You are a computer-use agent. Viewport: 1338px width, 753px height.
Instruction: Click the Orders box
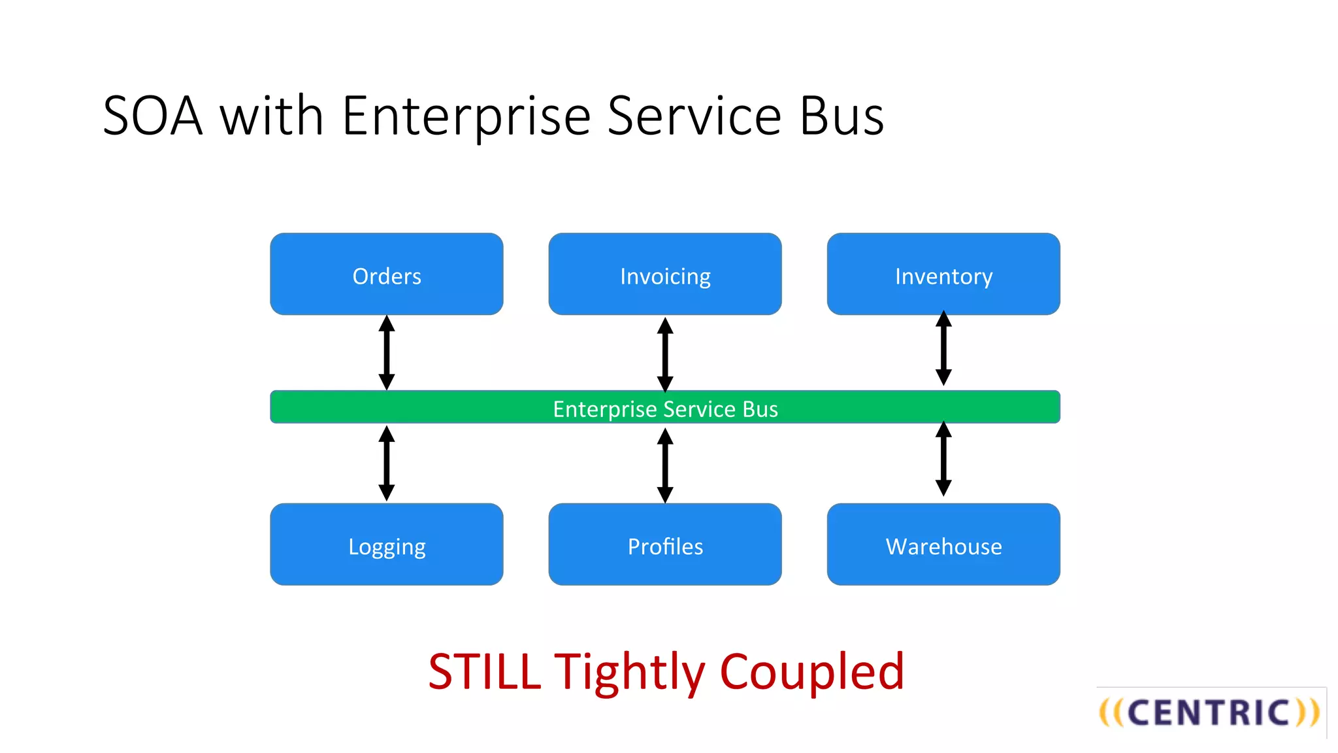point(386,274)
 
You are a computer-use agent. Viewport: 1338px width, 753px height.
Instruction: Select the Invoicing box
point(664,274)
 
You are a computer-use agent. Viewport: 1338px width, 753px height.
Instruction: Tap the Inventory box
point(943,274)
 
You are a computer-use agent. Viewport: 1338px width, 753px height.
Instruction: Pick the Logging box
point(386,544)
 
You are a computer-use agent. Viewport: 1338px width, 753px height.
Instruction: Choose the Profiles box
point(664,544)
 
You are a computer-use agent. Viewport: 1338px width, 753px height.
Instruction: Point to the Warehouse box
point(943,544)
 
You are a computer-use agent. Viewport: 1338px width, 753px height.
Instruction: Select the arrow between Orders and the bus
point(387,353)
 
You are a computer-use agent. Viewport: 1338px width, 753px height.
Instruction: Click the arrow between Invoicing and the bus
point(665,354)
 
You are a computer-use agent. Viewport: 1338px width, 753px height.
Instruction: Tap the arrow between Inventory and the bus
point(943,348)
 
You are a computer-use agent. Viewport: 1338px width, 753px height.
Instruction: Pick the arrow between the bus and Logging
point(387,463)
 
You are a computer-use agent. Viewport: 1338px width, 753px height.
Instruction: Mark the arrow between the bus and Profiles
point(665,465)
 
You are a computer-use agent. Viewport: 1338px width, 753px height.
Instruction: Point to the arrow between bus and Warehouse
point(943,459)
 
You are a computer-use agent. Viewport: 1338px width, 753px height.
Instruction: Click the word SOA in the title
point(153,116)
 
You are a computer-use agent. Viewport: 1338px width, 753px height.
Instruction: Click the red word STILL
point(484,671)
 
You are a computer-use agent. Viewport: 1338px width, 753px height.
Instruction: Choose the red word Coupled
point(811,671)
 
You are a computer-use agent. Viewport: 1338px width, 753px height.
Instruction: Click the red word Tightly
point(630,671)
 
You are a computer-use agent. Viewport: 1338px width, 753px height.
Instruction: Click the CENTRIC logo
point(1209,712)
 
